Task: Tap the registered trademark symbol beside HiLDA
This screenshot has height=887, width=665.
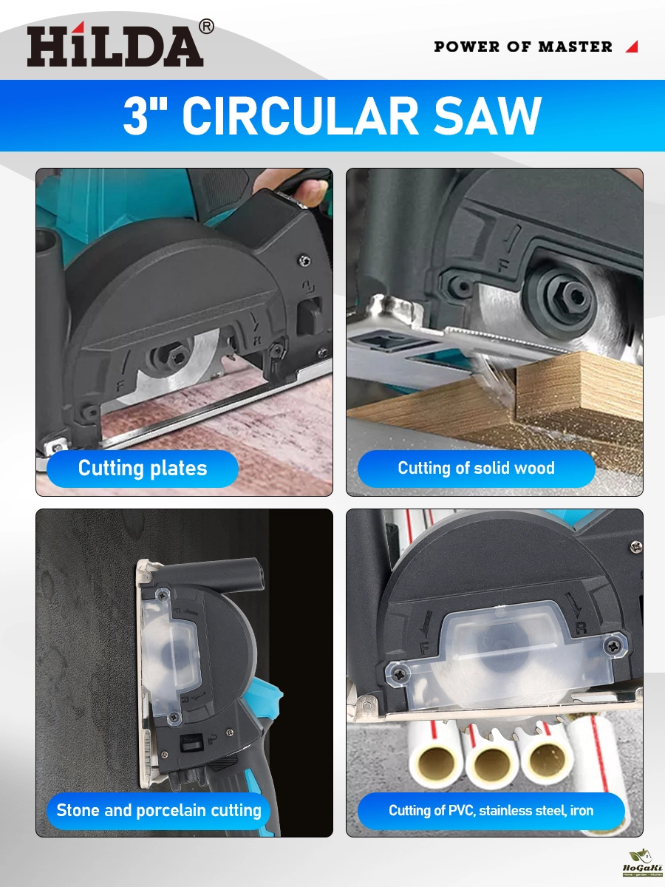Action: pyautogui.click(x=206, y=27)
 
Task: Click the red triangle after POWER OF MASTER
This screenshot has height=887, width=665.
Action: pyautogui.click(x=632, y=47)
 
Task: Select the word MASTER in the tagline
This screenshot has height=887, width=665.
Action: pyautogui.click(x=576, y=47)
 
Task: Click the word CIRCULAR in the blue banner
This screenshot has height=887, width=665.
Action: pyautogui.click(x=301, y=115)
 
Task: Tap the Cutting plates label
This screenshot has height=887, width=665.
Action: pyautogui.click(x=143, y=469)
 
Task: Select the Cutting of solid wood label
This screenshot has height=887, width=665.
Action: pyautogui.click(x=477, y=469)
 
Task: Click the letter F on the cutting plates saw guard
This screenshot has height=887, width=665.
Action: pyautogui.click(x=120, y=387)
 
